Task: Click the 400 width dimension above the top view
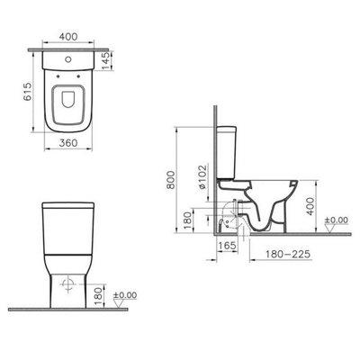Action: (68, 37)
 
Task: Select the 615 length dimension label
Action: (27, 92)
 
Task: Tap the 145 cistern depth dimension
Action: (106, 61)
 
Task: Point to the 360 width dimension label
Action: (68, 143)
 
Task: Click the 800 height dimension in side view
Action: (171, 180)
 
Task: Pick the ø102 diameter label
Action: (202, 177)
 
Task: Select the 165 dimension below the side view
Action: (227, 246)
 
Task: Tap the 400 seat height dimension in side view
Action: (310, 206)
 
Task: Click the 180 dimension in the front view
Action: (99, 296)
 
